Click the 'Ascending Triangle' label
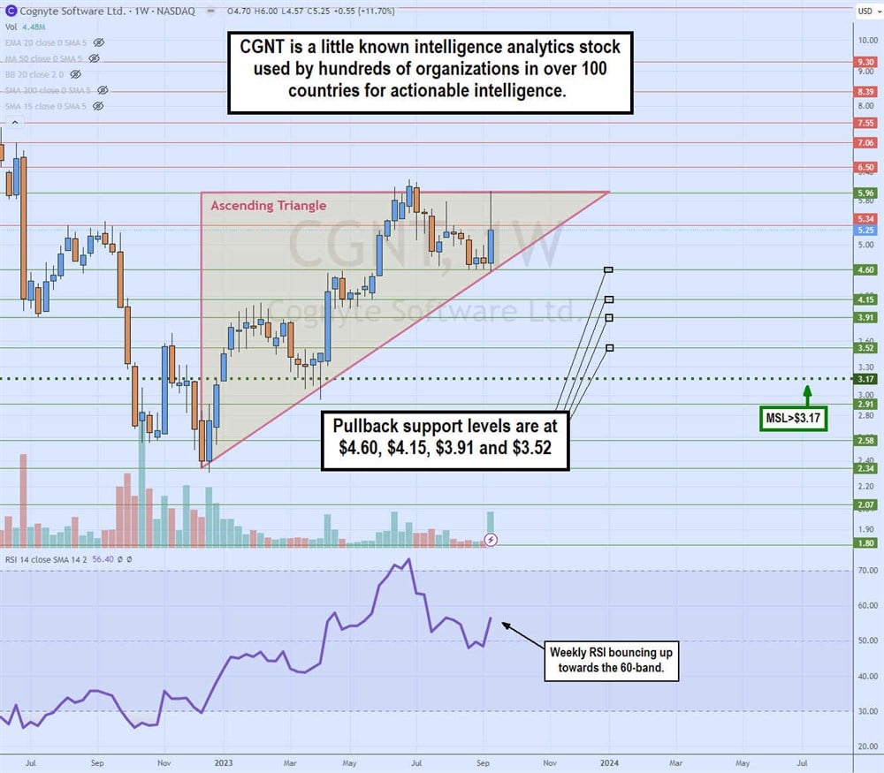click(x=268, y=206)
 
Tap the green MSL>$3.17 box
click(x=794, y=418)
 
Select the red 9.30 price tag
click(x=865, y=63)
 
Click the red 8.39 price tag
click(x=865, y=92)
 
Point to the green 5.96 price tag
click(x=865, y=193)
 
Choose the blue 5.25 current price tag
click(x=865, y=230)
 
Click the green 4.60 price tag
click(x=865, y=269)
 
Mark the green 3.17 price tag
click(x=865, y=379)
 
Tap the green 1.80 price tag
click(x=865, y=544)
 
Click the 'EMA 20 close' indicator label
click(x=49, y=42)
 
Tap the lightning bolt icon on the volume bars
click(x=492, y=538)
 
